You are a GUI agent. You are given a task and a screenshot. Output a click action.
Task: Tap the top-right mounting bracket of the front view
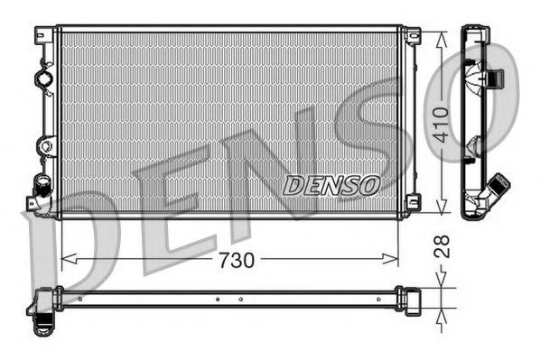(x=412, y=35)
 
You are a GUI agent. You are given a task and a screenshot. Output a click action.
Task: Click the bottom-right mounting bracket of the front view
(x=412, y=203)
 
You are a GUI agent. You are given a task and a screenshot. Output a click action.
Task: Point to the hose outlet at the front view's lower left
(x=39, y=192)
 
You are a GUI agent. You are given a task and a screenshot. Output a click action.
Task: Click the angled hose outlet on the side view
(x=495, y=189)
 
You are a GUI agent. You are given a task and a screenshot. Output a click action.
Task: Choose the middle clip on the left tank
(x=44, y=144)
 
